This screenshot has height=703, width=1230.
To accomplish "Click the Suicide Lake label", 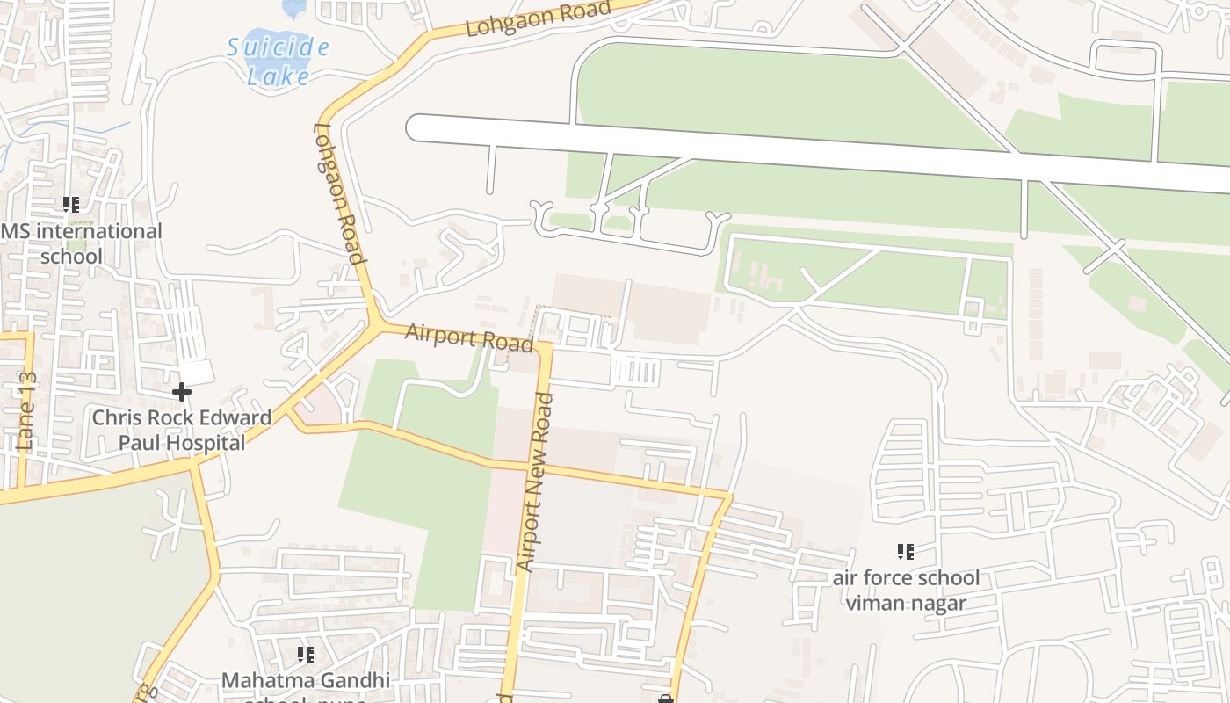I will tap(278, 61).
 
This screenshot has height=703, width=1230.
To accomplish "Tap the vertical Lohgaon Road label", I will tap(338, 193).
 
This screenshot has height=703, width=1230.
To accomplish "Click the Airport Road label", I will tap(469, 337).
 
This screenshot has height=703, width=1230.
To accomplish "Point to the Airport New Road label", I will tap(536, 482).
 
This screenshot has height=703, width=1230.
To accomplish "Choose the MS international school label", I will tap(82, 243).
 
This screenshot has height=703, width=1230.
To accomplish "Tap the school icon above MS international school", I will tap(71, 205).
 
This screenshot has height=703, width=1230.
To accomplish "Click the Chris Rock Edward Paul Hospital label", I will tap(182, 430).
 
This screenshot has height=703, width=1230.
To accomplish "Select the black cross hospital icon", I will tap(182, 391).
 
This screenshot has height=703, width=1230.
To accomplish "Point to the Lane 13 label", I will tap(26, 410).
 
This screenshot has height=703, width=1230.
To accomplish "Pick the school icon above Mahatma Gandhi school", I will tap(305, 654).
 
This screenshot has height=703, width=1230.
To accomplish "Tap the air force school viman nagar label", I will tap(906, 590).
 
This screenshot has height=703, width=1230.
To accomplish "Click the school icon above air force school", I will tap(906, 552).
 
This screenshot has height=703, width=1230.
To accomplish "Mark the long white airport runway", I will tap(791, 151).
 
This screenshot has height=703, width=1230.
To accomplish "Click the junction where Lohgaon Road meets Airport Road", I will tap(380, 324).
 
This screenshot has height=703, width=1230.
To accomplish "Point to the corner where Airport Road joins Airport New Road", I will tap(546, 346).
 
